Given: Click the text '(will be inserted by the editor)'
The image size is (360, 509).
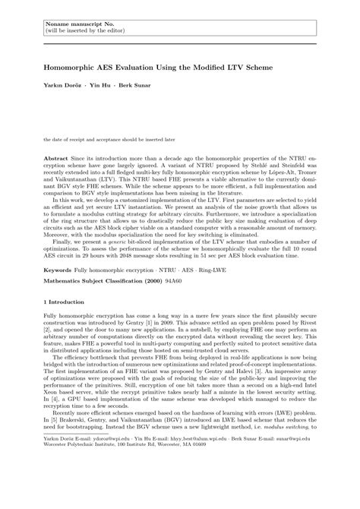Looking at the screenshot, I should click(80, 24).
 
